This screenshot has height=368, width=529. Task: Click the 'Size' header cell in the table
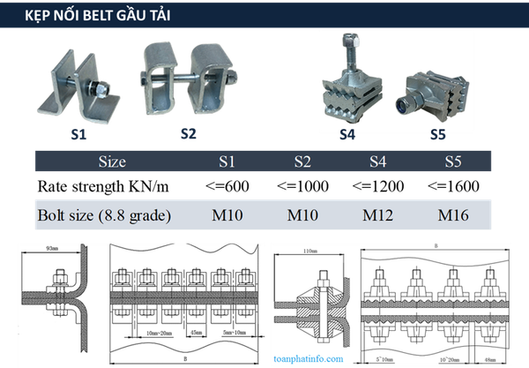pos(112,161)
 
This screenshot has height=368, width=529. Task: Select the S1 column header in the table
pos(227,161)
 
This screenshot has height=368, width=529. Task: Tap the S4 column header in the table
pos(377,161)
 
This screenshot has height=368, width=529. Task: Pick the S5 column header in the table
pos(453,161)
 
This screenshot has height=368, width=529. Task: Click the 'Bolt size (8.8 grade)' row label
pos(104,214)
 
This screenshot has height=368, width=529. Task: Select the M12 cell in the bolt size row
pos(377,214)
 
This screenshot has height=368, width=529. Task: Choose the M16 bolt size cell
pos(453,214)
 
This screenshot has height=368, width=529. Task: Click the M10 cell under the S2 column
pos(302,214)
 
